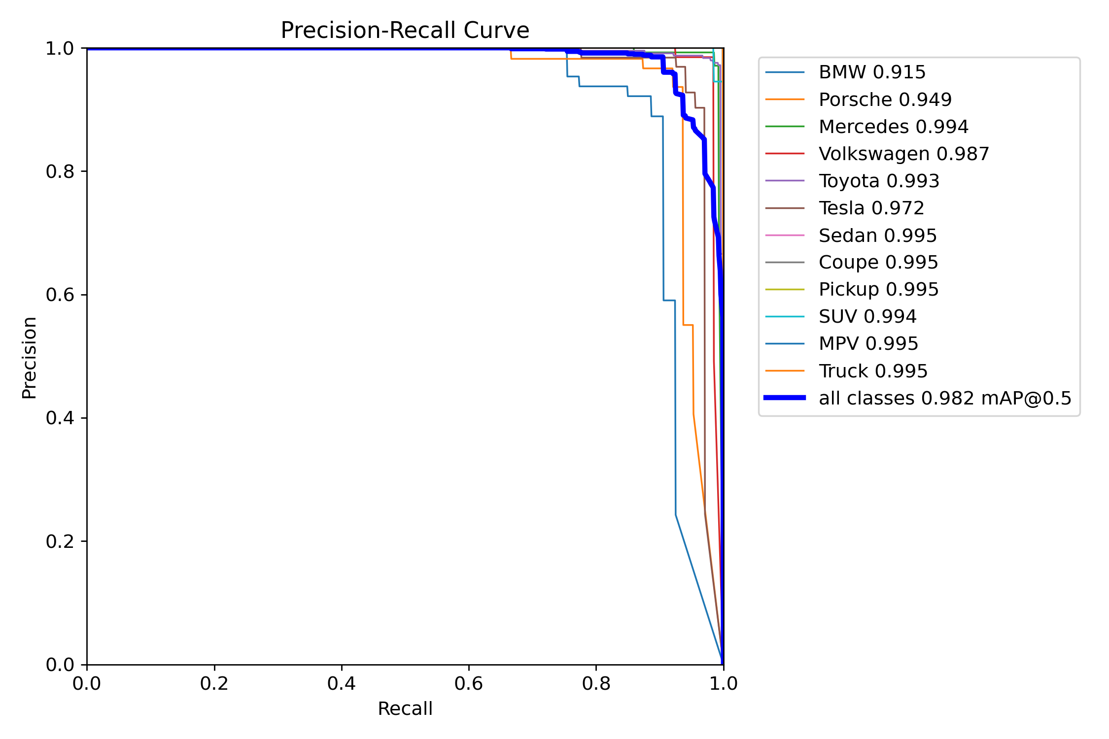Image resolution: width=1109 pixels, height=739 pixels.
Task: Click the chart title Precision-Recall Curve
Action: [405, 31]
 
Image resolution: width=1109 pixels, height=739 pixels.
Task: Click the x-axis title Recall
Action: [405, 708]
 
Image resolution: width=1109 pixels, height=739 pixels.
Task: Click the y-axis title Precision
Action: [29, 358]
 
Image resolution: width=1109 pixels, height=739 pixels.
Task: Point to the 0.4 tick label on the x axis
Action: [342, 683]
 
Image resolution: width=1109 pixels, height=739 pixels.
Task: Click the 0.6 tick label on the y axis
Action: [60, 295]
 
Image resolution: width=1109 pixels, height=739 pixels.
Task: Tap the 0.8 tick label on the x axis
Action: [596, 683]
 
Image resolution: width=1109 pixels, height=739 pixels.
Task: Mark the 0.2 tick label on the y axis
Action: [60, 541]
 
